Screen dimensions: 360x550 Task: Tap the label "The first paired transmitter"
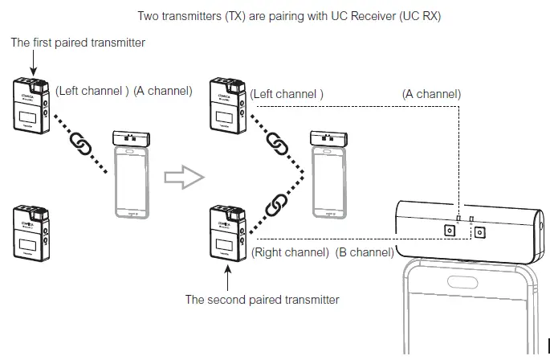(x=78, y=43)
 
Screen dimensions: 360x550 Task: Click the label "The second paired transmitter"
(x=262, y=300)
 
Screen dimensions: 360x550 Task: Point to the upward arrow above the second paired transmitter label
(x=229, y=278)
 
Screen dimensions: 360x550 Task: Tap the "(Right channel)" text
(x=290, y=252)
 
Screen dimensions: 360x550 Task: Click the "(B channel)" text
(x=364, y=252)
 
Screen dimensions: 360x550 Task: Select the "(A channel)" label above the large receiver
(x=431, y=94)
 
